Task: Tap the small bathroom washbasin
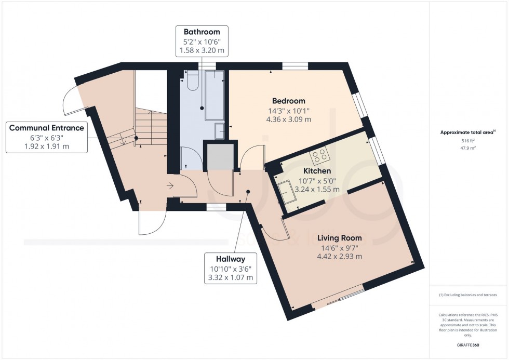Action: pyautogui.click(x=220, y=131)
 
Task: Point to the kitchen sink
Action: pyautogui.click(x=287, y=193)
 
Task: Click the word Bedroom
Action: pyautogui.click(x=289, y=101)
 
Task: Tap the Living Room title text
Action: pyautogui.click(x=339, y=238)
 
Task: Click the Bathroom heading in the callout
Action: pyautogui.click(x=201, y=32)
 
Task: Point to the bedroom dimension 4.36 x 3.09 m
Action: pyautogui.click(x=289, y=119)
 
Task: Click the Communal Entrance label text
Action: pyautogui.click(x=46, y=128)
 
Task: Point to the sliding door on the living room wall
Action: pyautogui.click(x=340, y=298)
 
